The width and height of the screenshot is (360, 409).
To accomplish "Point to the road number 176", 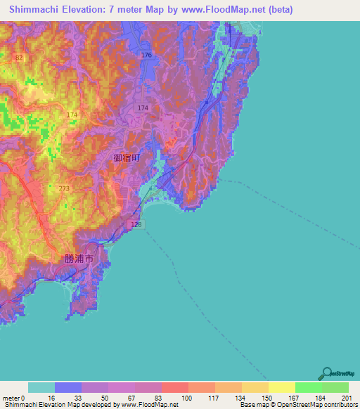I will click(x=146, y=55).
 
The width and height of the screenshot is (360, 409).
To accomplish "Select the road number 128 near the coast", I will click(x=136, y=223).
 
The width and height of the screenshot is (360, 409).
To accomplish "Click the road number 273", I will click(x=65, y=189).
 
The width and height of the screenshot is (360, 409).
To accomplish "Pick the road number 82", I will click(x=18, y=58).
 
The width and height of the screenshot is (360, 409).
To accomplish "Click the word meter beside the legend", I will click(x=10, y=398).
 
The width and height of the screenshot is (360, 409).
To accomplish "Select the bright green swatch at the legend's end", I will click(x=335, y=387).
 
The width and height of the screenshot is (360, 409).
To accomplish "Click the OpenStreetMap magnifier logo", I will click(x=327, y=373).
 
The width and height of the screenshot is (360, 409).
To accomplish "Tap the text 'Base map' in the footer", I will click(x=252, y=405).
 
